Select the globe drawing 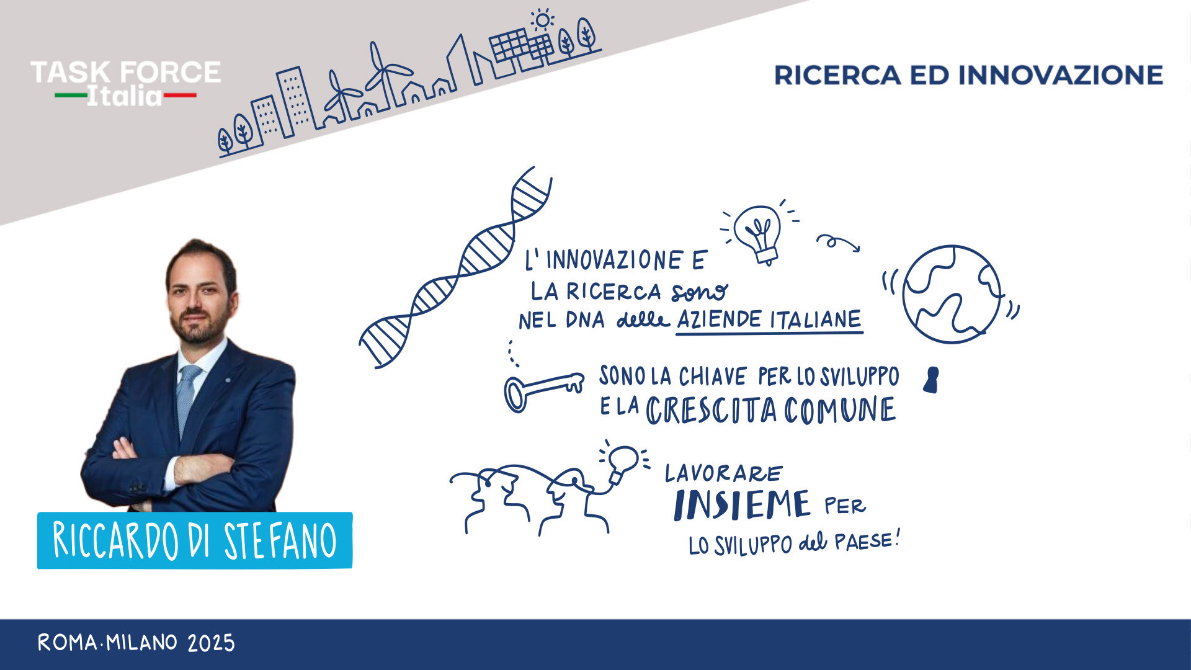(x=951, y=295)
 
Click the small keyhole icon (x=930, y=380)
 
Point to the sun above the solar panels (x=543, y=20)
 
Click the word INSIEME (x=742, y=505)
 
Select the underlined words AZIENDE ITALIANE (x=769, y=320)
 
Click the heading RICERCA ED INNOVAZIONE (x=968, y=75)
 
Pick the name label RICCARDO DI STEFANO (x=195, y=540)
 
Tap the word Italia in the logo (x=124, y=96)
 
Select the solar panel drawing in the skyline (x=521, y=48)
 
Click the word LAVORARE (x=724, y=474)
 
